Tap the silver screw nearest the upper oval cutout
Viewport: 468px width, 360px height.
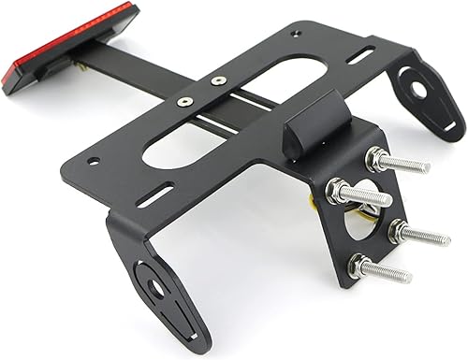click(218, 81)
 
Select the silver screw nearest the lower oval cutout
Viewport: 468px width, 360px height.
click(185, 100)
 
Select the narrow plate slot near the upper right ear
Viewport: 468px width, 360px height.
click(360, 55)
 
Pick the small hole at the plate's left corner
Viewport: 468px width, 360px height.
click(93, 160)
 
